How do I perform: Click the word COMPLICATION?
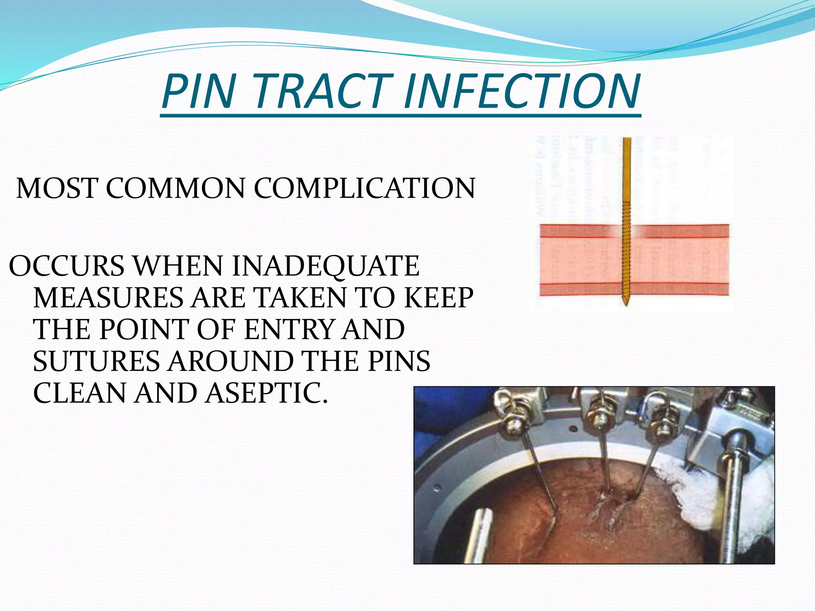(364, 188)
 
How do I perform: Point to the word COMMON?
(175, 188)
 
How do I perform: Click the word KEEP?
(439, 298)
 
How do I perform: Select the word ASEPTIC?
(266, 393)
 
